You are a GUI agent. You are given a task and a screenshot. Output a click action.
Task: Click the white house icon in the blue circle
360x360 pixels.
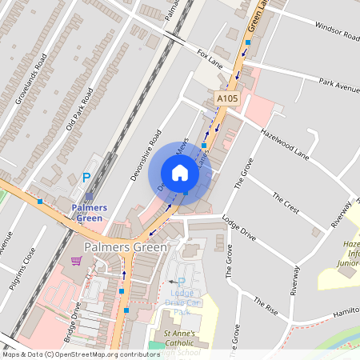pos(180,173)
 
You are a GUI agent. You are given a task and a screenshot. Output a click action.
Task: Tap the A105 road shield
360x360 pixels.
pos(227,98)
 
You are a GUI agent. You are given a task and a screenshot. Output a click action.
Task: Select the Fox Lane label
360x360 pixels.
pos(210,58)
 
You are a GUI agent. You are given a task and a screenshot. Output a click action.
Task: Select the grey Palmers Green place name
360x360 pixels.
pos(126,247)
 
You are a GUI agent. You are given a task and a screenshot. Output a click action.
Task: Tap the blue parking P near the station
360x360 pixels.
pos(87,178)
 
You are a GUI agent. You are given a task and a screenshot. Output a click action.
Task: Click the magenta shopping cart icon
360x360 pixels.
pos(76,261)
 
